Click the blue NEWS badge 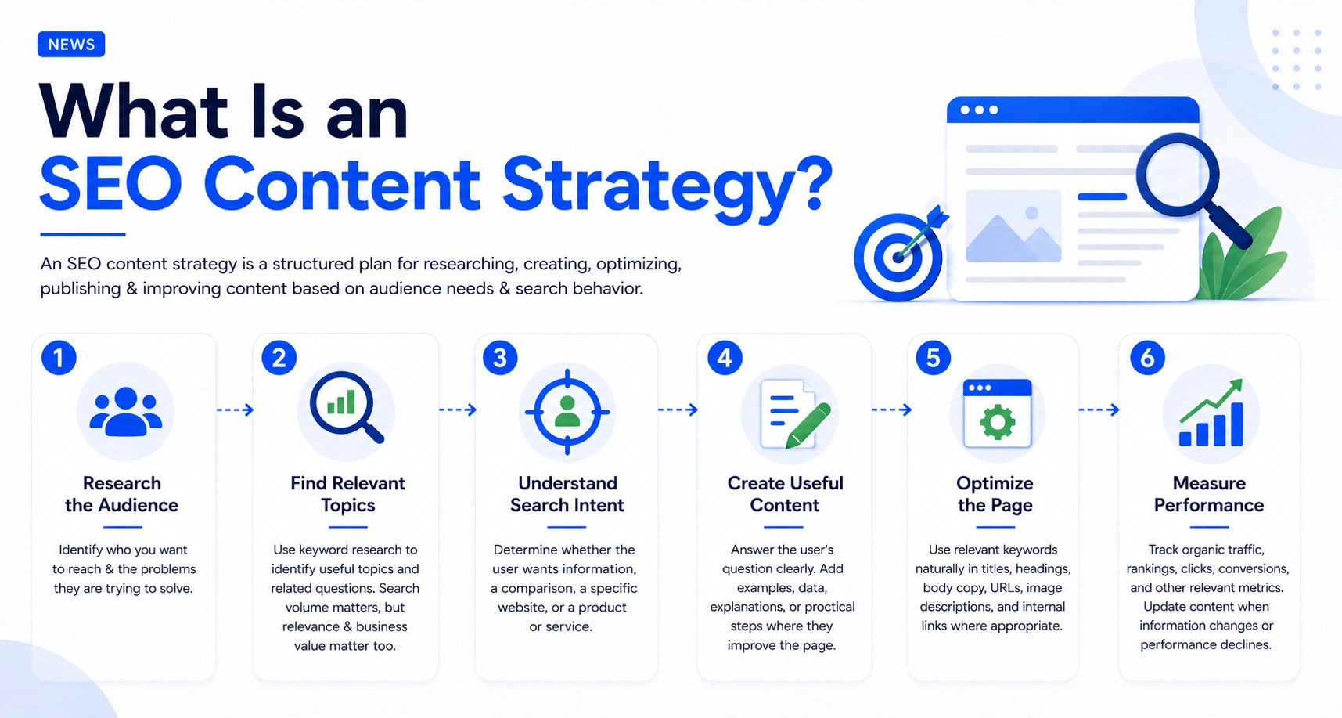coord(71,45)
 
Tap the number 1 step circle coord(59,358)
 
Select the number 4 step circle coord(725,358)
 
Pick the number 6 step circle coord(1147,358)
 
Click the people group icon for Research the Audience coord(125,412)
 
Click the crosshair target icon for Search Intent coord(567,412)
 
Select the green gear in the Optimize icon coord(998,423)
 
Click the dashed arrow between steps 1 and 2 coord(235,410)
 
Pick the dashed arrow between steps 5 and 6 coord(1099,410)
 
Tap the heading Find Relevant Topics coord(347,494)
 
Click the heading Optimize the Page coord(995,494)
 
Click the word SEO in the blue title coord(111,184)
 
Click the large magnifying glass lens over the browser coord(1178,175)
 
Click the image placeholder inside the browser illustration coord(1013,226)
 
